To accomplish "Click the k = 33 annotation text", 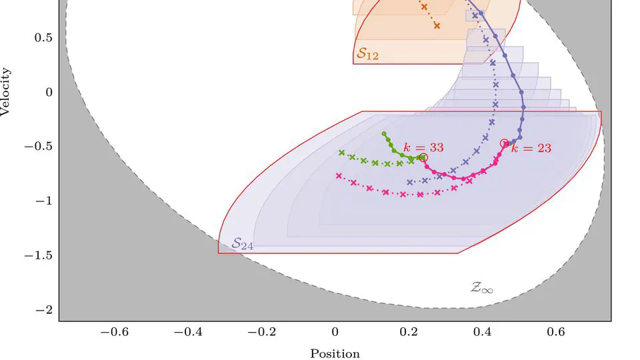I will tap(424, 147).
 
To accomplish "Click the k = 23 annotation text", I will tap(531, 148).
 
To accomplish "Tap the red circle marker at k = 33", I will tap(423, 157).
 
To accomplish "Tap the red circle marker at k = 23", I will tap(504, 143).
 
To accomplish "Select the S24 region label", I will tap(242, 245).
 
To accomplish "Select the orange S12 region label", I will tap(367, 54).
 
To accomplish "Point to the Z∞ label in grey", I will tap(482, 288).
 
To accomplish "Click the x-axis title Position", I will tap(335, 354).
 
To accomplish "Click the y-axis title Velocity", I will tap(6, 91).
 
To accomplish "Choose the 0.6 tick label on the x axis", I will tap(556, 331).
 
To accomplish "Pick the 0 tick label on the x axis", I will tap(335, 331).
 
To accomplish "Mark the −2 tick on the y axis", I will tap(44, 310).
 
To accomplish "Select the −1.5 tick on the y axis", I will tap(38, 255).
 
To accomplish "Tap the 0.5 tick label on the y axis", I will tap(43, 37).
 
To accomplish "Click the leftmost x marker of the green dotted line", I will tap(342, 153).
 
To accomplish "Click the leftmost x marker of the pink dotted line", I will tap(339, 176).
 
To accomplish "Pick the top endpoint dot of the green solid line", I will tap(384, 134).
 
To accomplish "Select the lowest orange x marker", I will tap(437, 26).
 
